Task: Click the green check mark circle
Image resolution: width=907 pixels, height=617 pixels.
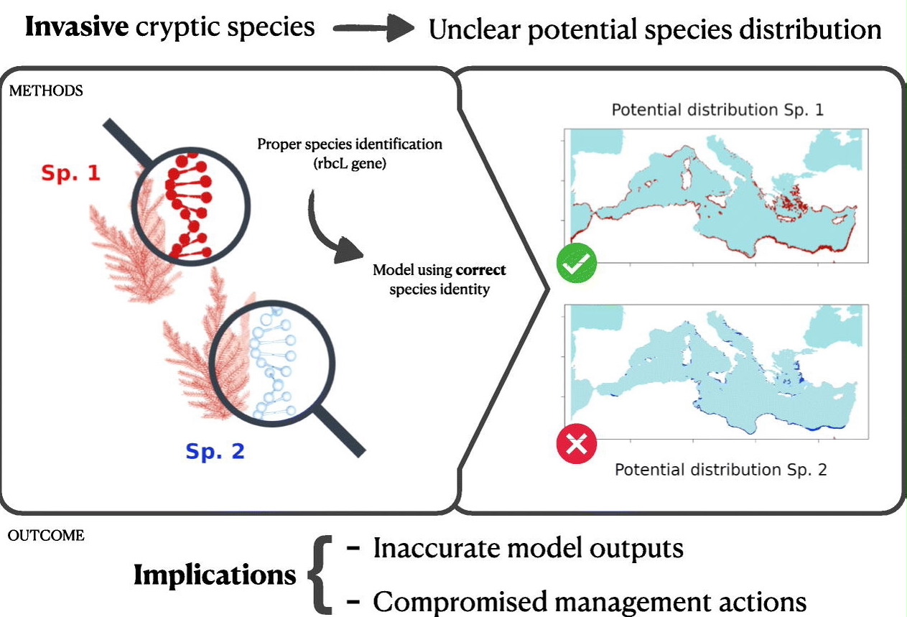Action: click(x=577, y=266)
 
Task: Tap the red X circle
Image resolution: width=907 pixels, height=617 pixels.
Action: click(x=577, y=445)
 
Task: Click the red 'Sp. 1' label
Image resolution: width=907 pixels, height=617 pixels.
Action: click(x=70, y=173)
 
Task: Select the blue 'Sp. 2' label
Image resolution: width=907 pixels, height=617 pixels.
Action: click(x=215, y=451)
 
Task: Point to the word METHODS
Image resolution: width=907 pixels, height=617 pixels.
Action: click(x=46, y=91)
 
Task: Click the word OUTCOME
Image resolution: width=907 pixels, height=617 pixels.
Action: click(x=47, y=535)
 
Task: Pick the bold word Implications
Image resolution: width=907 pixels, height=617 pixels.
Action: click(x=215, y=575)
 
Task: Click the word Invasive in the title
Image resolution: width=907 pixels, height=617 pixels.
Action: click(x=78, y=27)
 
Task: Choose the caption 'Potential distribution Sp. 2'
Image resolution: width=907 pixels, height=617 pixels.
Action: click(x=721, y=470)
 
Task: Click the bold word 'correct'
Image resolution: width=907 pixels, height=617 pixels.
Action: click(x=481, y=271)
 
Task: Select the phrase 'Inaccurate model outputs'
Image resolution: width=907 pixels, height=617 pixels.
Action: click(x=528, y=549)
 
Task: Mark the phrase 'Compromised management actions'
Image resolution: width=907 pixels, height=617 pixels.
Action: click(x=589, y=600)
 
